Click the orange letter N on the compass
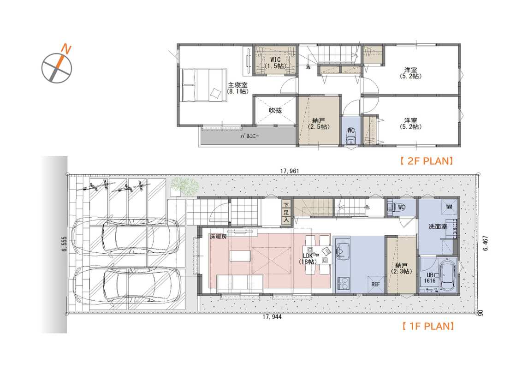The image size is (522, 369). pos(66,49)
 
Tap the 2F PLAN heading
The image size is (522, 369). pos(427,161)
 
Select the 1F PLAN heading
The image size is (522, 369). pos(428,326)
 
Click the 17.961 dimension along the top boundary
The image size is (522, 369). pos(290,171)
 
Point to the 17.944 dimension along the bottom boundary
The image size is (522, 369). pos(272,317)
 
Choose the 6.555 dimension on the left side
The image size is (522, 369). pos(65,244)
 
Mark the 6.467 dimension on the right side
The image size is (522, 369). pos(485,243)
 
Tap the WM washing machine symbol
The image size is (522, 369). pos(449,207)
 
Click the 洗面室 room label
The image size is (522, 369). pos(438,227)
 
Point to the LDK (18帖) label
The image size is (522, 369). pos(308,258)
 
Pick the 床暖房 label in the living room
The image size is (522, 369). pos(218,237)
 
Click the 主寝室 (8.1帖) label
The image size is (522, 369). pos(237,88)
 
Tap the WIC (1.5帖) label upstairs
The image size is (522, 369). pos(275,63)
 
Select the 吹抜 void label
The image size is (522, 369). pos(275,110)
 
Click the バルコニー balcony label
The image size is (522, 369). pos(249,136)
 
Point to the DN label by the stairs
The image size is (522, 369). pos(308,67)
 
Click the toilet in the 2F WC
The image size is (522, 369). pos(351,137)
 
